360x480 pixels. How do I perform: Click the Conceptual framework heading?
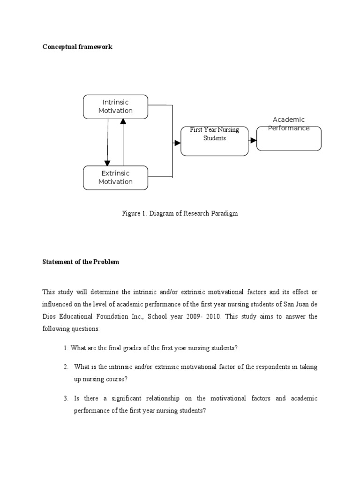(77, 47)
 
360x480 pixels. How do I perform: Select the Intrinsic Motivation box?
(115, 106)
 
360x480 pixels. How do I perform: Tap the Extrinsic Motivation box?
(115, 178)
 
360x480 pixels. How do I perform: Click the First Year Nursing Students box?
(214, 140)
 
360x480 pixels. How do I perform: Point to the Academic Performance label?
(289, 124)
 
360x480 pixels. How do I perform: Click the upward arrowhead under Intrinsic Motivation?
(123, 121)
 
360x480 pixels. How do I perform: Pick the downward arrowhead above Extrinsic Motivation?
(107, 163)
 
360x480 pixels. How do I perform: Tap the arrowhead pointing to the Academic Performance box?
(253, 140)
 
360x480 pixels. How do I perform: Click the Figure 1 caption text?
(180, 213)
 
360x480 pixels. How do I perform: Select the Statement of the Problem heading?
(81, 262)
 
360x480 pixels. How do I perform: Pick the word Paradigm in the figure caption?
(225, 213)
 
